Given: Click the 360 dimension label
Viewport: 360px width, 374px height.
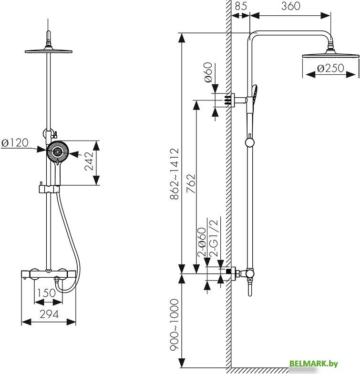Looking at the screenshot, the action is tap(290, 6).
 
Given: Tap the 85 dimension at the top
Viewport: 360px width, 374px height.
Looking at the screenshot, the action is tap(241, 6).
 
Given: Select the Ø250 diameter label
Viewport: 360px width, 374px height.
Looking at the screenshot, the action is tap(330, 68).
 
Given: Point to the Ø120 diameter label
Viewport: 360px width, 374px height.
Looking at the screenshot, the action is tap(15, 142).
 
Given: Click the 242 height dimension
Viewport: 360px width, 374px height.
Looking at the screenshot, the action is tap(89, 161).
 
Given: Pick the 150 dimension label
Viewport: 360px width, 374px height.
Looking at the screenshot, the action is tap(46, 293).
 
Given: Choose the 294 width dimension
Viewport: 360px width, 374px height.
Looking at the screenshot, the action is tap(49, 314).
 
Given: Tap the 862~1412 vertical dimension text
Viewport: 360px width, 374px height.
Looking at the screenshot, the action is tap(174, 174).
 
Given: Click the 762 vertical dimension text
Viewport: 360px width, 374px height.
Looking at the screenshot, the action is tap(191, 183).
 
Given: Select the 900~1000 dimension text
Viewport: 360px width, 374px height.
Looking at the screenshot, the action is tap(174, 324).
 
